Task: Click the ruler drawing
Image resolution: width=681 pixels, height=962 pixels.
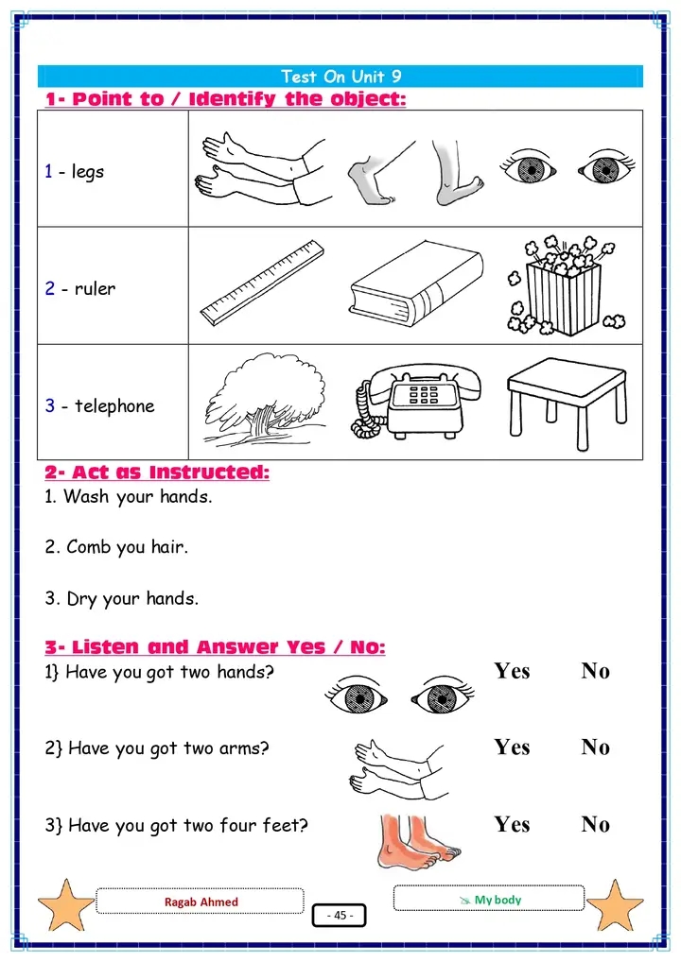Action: pyautogui.click(x=262, y=283)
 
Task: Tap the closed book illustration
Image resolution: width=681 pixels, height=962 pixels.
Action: pyautogui.click(x=416, y=283)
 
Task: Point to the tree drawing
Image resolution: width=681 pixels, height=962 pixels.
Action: pyautogui.click(x=265, y=399)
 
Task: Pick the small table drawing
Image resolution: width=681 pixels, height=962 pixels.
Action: pyautogui.click(x=567, y=402)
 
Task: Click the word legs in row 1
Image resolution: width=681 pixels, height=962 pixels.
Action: pyautogui.click(x=87, y=172)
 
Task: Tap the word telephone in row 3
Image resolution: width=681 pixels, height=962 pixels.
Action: pyautogui.click(x=114, y=405)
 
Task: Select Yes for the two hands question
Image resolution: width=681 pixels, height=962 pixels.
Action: pyautogui.click(x=512, y=671)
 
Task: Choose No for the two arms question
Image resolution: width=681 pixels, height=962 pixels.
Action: pyautogui.click(x=596, y=747)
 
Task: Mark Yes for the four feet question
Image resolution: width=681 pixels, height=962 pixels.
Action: pyautogui.click(x=512, y=825)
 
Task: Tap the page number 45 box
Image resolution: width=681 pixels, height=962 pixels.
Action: pyautogui.click(x=340, y=916)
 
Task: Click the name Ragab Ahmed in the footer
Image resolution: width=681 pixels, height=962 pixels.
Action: pyautogui.click(x=201, y=902)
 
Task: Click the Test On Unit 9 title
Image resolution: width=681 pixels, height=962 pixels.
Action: pyautogui.click(x=340, y=77)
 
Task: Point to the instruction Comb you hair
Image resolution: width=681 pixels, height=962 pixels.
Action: pyautogui.click(x=116, y=546)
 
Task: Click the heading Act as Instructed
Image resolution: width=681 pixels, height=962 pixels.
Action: pyautogui.click(x=157, y=472)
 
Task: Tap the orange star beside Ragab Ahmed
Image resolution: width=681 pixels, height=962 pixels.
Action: pyautogui.click(x=65, y=905)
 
